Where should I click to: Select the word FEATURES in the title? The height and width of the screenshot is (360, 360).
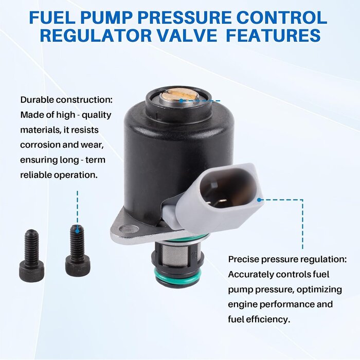click(x=274, y=35)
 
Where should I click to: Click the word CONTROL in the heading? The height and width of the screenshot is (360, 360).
click(x=282, y=17)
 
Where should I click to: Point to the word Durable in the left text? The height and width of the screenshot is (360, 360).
click(x=37, y=100)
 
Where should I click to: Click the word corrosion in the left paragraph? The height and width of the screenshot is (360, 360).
click(x=36, y=145)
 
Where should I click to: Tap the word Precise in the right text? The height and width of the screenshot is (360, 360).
click(x=243, y=259)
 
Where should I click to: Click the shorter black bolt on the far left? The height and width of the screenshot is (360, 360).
click(x=31, y=255)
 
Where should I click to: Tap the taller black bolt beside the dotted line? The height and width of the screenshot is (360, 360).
click(x=78, y=250)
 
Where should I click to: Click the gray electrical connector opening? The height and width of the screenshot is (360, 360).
click(x=227, y=187)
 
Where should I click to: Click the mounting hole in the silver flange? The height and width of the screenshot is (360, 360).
click(x=129, y=229)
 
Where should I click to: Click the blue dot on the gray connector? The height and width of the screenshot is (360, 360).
click(x=259, y=200)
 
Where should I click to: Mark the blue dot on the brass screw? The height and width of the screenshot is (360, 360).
click(x=182, y=101)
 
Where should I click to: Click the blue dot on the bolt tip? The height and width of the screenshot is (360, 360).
click(x=78, y=231)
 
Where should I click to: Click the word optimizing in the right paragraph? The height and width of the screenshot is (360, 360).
click(x=319, y=290)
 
